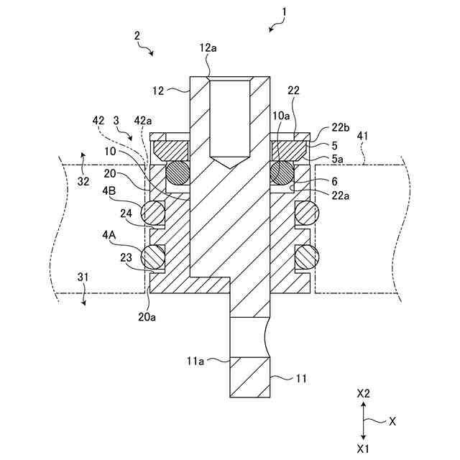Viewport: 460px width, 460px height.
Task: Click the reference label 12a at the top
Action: [x=208, y=48]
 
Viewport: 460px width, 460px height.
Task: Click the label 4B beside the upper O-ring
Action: [x=109, y=190]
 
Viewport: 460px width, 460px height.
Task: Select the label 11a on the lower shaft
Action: [x=195, y=362]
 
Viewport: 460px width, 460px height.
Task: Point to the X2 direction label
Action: [x=364, y=394]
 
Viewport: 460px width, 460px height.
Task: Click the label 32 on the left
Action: [x=83, y=181]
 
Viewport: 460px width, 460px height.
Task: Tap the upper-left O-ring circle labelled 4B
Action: [x=153, y=212]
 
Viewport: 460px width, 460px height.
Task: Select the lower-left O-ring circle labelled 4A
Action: [x=153, y=255]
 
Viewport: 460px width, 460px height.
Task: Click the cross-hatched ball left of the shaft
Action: [x=178, y=172]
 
